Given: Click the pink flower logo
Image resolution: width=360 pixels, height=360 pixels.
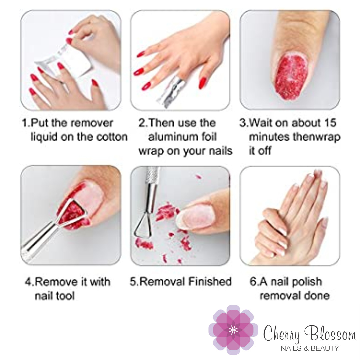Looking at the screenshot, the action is pos(233,330).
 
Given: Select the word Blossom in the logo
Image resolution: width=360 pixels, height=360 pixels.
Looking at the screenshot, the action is pos(330,333).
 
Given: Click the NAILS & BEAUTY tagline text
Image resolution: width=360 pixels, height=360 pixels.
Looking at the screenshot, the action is pos(309,348).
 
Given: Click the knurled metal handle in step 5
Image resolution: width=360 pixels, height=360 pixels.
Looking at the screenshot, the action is pos(152,175).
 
